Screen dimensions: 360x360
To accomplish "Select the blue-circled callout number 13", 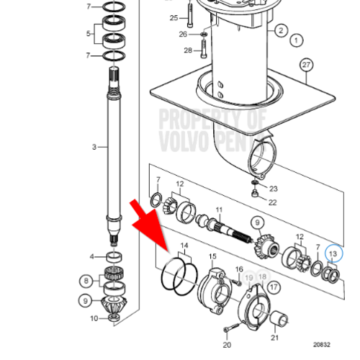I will (333, 253).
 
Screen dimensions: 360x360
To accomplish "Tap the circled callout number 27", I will (307, 66).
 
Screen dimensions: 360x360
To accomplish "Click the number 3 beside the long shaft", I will (94, 147).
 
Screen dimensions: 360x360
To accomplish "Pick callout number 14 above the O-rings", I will (184, 246).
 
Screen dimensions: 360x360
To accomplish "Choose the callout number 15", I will (212, 256).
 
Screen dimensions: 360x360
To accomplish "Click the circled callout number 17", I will (273, 287).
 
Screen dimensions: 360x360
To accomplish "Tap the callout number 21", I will (274, 338).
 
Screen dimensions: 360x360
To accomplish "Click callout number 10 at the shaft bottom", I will (94, 318).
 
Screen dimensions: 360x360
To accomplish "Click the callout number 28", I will (188, 50).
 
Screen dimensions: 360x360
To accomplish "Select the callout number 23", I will (273, 189).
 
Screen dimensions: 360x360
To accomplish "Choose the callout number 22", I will (272, 202).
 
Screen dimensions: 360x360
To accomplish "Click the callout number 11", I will (219, 212).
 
